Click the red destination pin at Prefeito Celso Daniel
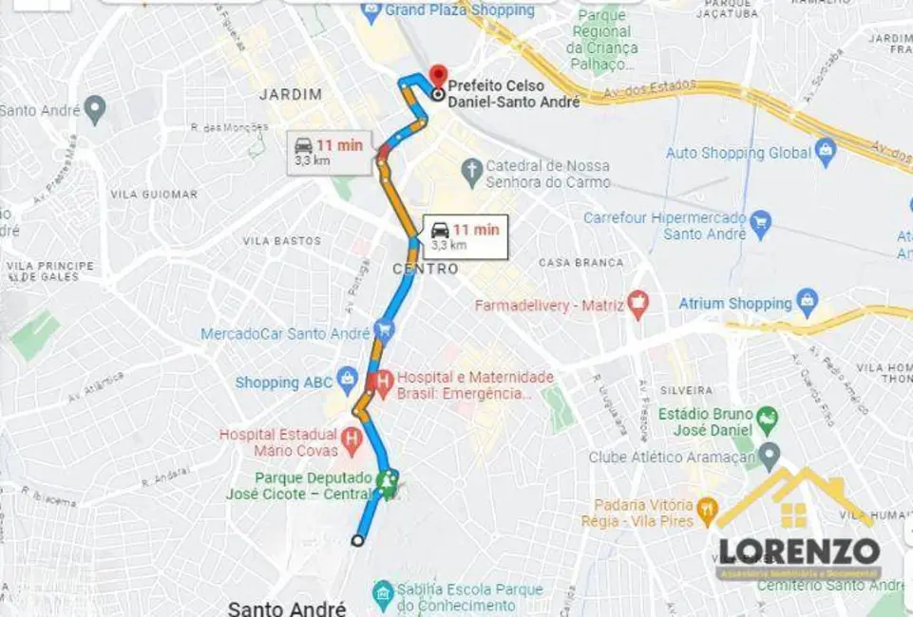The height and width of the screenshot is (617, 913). [438, 75]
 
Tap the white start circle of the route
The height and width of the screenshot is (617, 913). [357, 540]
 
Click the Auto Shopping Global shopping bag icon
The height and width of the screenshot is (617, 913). [826, 152]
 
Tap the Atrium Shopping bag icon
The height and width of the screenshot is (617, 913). [808, 303]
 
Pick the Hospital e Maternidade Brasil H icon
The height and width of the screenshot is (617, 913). [383, 384]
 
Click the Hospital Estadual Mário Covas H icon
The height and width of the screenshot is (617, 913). [352, 441]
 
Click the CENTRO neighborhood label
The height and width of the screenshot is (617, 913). [426, 270]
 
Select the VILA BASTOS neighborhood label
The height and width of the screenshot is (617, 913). [281, 241]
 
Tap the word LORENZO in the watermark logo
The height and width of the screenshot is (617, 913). [798, 552]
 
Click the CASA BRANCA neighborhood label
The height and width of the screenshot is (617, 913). [581, 262]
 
